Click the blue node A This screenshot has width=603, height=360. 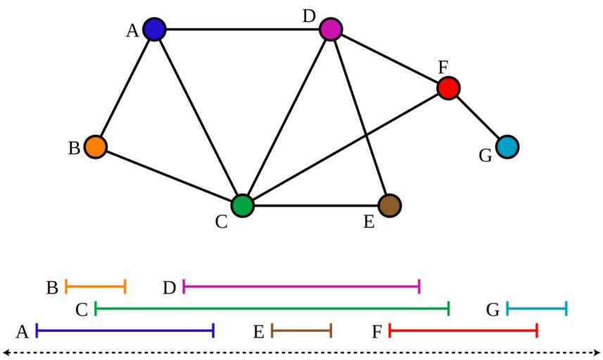154,29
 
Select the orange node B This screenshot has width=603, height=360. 96,146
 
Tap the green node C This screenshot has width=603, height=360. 242,205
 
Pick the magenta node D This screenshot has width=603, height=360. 331,29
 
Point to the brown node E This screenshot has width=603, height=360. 389,205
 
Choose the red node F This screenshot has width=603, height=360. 448,88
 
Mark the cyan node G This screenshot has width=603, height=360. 507,146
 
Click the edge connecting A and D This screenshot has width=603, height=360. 242,29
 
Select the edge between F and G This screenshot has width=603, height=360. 477,117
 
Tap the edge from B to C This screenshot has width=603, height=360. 169,176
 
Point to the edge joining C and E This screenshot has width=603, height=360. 315,205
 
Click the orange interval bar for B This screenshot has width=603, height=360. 96,286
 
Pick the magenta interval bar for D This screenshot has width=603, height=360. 301,286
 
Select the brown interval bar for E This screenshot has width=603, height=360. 301,330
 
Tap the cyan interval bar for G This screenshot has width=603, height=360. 536,308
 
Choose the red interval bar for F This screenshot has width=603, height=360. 463,330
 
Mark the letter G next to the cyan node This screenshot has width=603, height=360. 485,155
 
